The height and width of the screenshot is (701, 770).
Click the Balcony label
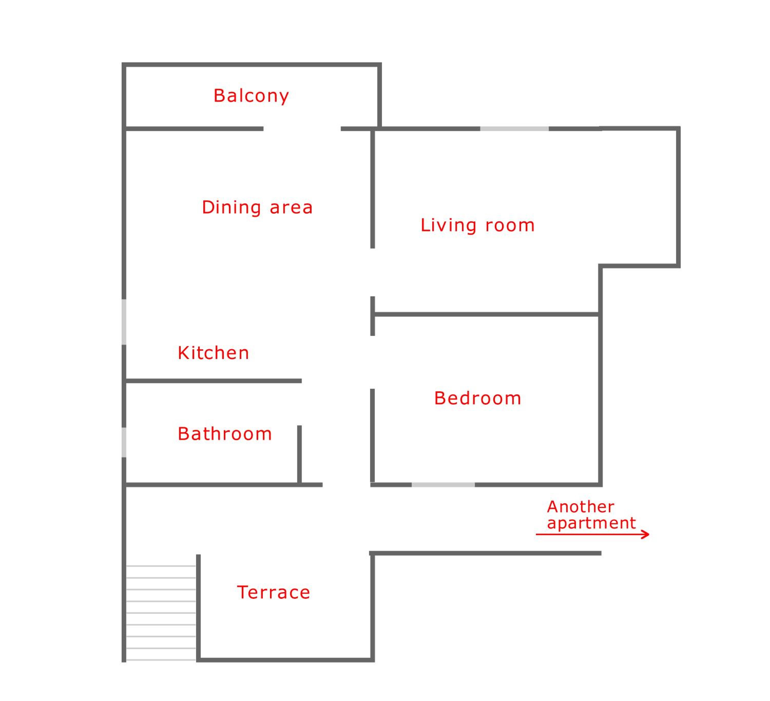(x=251, y=96)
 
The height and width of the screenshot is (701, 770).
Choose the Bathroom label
(x=225, y=434)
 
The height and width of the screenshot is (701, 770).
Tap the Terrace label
(x=273, y=592)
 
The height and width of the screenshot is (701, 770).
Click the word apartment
(x=591, y=523)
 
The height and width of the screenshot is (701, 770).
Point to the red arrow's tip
(x=649, y=534)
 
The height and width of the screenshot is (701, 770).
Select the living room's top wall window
(x=514, y=129)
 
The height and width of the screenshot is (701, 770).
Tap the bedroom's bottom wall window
(x=443, y=485)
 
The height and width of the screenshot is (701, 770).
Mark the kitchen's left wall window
(x=124, y=322)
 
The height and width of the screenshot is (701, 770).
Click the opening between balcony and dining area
(x=302, y=129)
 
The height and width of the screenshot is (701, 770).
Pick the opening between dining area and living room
(x=372, y=272)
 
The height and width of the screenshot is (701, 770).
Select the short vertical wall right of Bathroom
(x=300, y=454)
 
